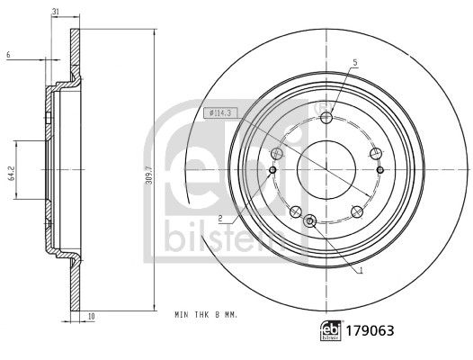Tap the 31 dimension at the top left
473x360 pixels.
[x=56, y=10]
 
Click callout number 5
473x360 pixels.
[x=354, y=62]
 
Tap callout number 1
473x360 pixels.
[x=361, y=270]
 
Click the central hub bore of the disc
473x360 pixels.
[x=327, y=168]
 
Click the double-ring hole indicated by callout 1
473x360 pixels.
[x=311, y=221]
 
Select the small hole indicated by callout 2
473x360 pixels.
[x=273, y=168]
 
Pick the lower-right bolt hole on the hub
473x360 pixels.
[x=357, y=211]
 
